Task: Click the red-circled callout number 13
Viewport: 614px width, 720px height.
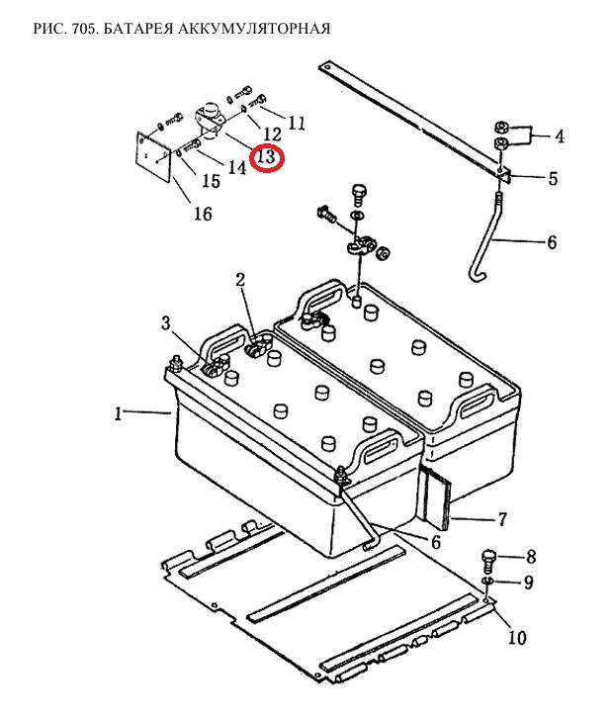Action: click(267, 157)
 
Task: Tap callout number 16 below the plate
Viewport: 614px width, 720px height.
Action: click(203, 214)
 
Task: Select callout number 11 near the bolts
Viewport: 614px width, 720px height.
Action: click(297, 123)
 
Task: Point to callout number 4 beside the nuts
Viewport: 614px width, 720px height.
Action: click(560, 136)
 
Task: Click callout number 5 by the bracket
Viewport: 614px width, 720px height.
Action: click(553, 178)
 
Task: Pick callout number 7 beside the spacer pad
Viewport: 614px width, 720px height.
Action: click(502, 519)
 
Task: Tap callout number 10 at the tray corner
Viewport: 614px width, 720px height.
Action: click(517, 637)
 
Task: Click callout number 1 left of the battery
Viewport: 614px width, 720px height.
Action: click(119, 414)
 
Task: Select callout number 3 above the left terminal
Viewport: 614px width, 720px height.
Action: click(166, 323)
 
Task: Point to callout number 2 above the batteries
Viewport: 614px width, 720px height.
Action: click(240, 280)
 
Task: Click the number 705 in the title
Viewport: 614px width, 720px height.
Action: click(83, 29)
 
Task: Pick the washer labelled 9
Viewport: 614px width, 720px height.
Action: click(487, 582)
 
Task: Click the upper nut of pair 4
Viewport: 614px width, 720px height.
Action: click(501, 127)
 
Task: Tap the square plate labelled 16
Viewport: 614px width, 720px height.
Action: click(154, 157)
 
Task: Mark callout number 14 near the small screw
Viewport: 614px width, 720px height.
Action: click(237, 167)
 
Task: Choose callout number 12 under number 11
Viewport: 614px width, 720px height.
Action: click(272, 135)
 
